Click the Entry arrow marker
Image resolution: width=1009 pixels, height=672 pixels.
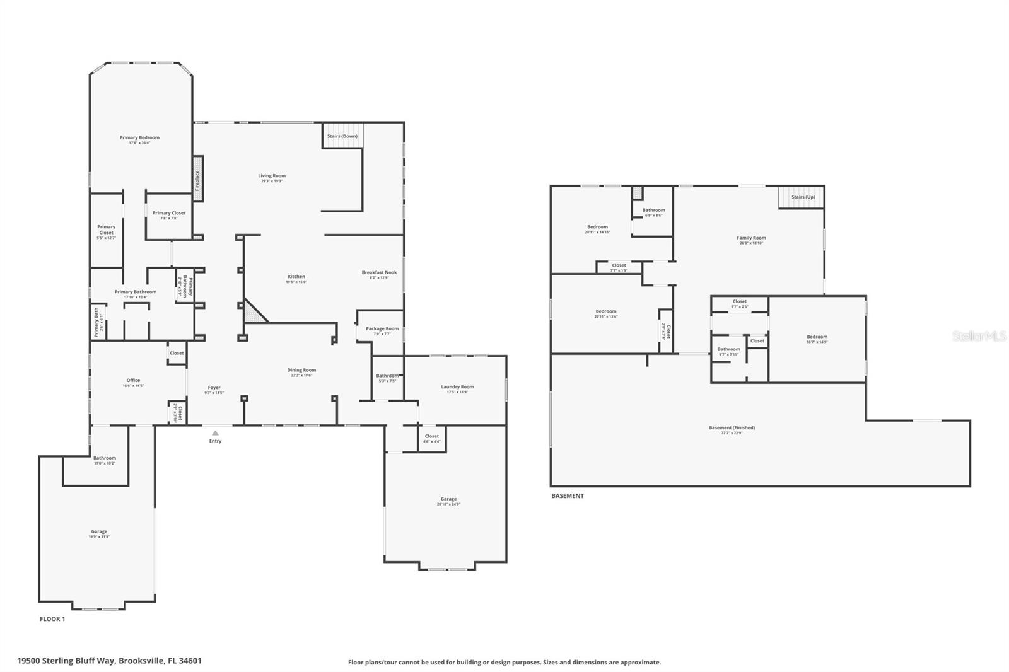pos(215,433)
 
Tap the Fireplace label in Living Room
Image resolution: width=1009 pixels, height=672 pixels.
pos(197,180)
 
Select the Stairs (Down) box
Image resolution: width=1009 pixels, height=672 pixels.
pos(342,136)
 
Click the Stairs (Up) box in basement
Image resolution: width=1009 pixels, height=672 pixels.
pos(802,197)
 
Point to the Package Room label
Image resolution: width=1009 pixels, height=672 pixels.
pos(382,328)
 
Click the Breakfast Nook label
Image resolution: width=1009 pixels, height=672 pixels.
pos(379,272)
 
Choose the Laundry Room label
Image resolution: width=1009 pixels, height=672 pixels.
pos(457,386)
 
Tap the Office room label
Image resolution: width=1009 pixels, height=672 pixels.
pos(133,380)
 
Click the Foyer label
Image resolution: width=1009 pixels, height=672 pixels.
pos(214,388)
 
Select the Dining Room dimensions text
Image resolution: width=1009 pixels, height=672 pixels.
pos(301,376)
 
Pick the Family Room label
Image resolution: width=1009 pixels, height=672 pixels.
pos(751,238)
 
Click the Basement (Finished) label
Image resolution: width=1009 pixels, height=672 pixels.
pos(732,427)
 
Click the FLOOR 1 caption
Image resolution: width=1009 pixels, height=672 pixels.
pos(52,619)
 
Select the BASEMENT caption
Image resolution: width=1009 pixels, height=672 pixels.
pos(568,496)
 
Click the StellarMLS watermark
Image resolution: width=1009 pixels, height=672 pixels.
pos(979,337)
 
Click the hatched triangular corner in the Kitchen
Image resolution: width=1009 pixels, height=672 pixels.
pos(254,313)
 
